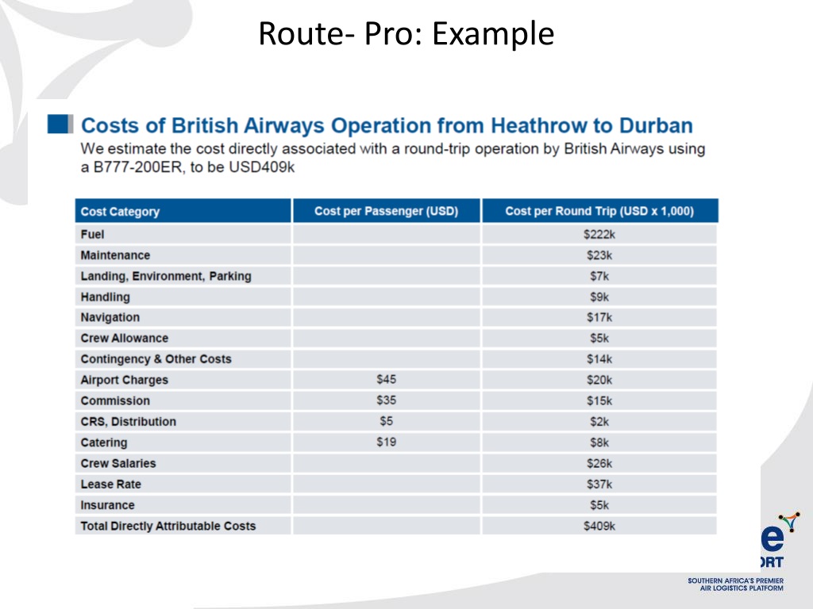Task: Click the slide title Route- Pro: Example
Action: [406, 34]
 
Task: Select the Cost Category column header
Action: [120, 212]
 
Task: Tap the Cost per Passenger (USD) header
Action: [386, 211]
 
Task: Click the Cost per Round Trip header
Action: [599, 211]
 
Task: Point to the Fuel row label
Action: [92, 235]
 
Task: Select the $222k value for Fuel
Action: [599, 235]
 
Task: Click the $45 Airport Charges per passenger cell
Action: [386, 380]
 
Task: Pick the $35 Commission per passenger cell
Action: [386, 400]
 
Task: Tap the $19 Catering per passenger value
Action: [386, 442]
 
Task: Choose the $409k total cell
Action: [599, 526]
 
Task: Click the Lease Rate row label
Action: [110, 484]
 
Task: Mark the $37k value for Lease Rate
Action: [599, 484]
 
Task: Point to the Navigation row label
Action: [110, 317]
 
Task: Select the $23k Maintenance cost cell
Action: [599, 255]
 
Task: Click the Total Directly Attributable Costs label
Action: [168, 526]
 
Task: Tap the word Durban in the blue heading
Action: [656, 125]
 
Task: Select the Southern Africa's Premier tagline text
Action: [735, 581]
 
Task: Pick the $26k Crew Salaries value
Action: [599, 463]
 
